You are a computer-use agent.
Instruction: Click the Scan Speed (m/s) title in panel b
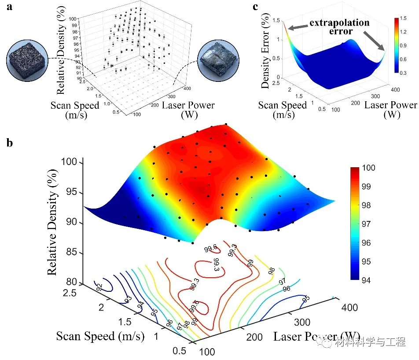100,337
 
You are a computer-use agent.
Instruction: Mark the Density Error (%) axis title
265,51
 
